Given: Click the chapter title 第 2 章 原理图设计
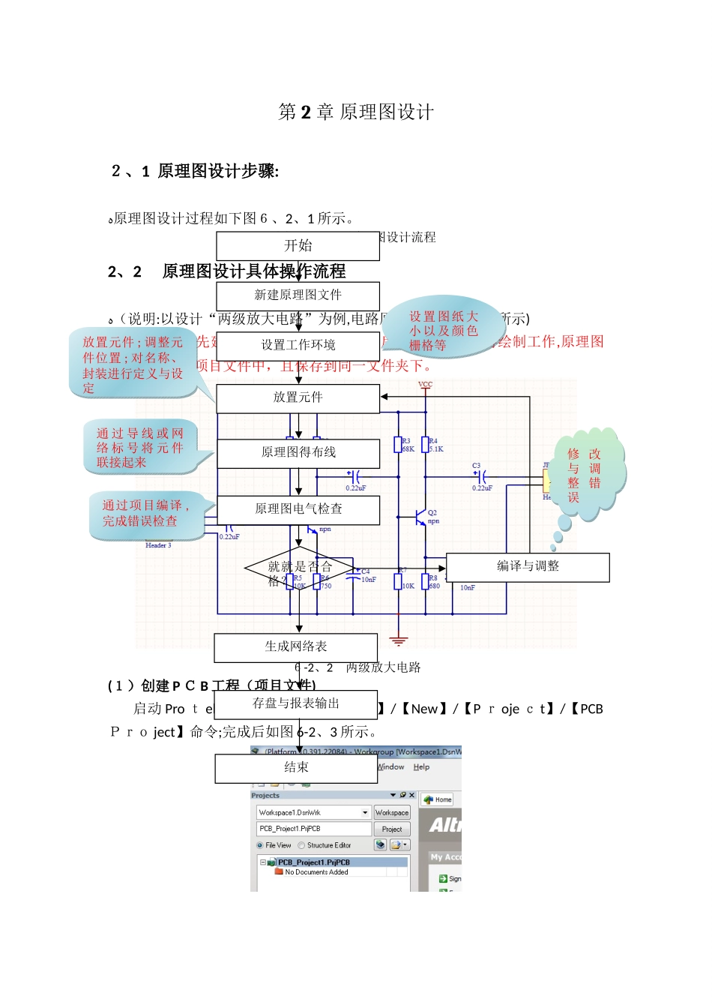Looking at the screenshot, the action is tap(356, 112).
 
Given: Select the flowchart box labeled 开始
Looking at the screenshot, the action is tap(298, 245).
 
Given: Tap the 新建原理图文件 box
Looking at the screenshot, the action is tap(298, 295).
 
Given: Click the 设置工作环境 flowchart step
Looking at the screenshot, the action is tap(298, 345).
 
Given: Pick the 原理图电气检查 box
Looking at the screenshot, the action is tap(298, 509).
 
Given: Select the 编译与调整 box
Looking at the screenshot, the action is tap(528, 566).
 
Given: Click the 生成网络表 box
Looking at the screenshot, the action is tap(295, 646).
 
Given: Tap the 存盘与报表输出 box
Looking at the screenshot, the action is tap(295, 703).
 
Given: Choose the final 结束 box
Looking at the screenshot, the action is tap(295, 767).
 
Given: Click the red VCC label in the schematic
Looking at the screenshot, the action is tap(425, 385).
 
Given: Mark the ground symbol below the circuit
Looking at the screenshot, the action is tap(399, 641).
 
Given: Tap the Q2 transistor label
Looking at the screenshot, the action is tap(432, 513).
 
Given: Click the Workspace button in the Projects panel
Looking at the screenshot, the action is tap(392, 812).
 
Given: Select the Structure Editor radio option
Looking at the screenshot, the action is tap(302, 845).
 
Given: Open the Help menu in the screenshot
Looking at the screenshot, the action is tap(421, 766).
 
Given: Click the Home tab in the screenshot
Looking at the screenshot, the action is tap(438, 799).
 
